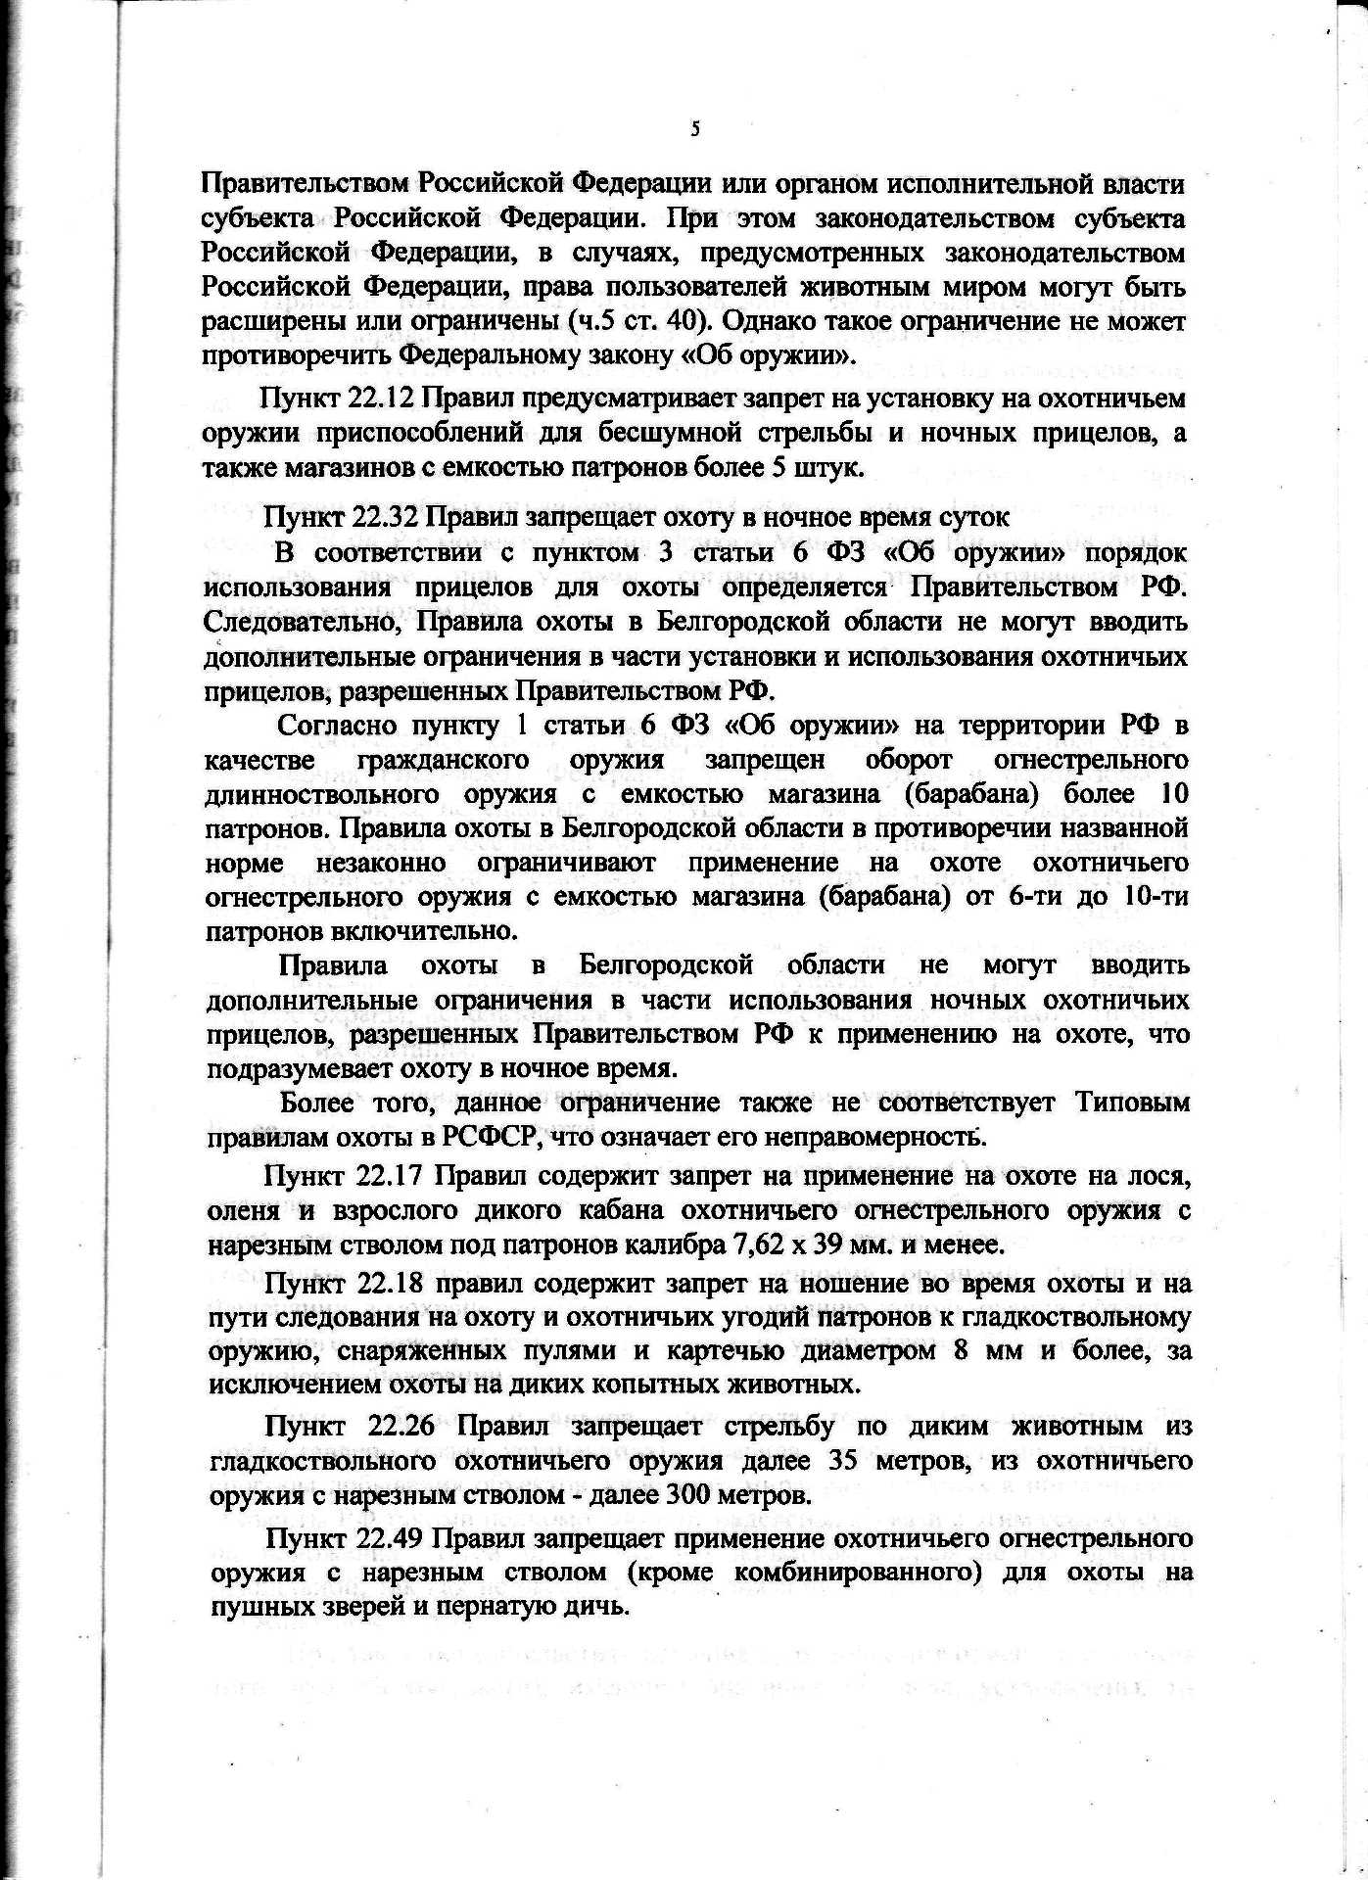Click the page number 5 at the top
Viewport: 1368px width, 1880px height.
tap(694, 128)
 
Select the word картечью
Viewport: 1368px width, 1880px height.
tap(730, 1351)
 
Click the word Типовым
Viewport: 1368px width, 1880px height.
tap(1132, 1103)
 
